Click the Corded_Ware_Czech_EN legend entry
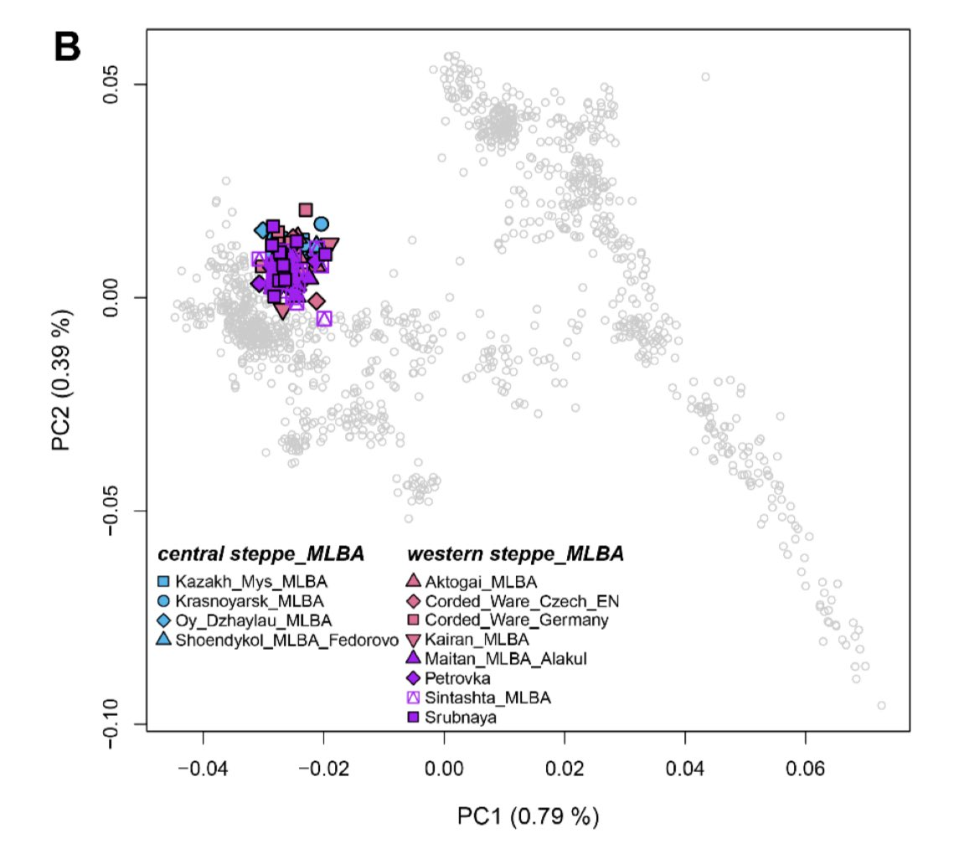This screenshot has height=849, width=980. [x=512, y=600]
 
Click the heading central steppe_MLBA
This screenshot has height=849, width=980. [x=261, y=554]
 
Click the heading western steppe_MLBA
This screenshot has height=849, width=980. [x=515, y=554]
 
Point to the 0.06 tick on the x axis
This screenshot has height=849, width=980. [x=806, y=767]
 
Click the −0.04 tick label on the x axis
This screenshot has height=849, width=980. [x=202, y=767]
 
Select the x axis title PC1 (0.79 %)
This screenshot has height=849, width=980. [x=528, y=816]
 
